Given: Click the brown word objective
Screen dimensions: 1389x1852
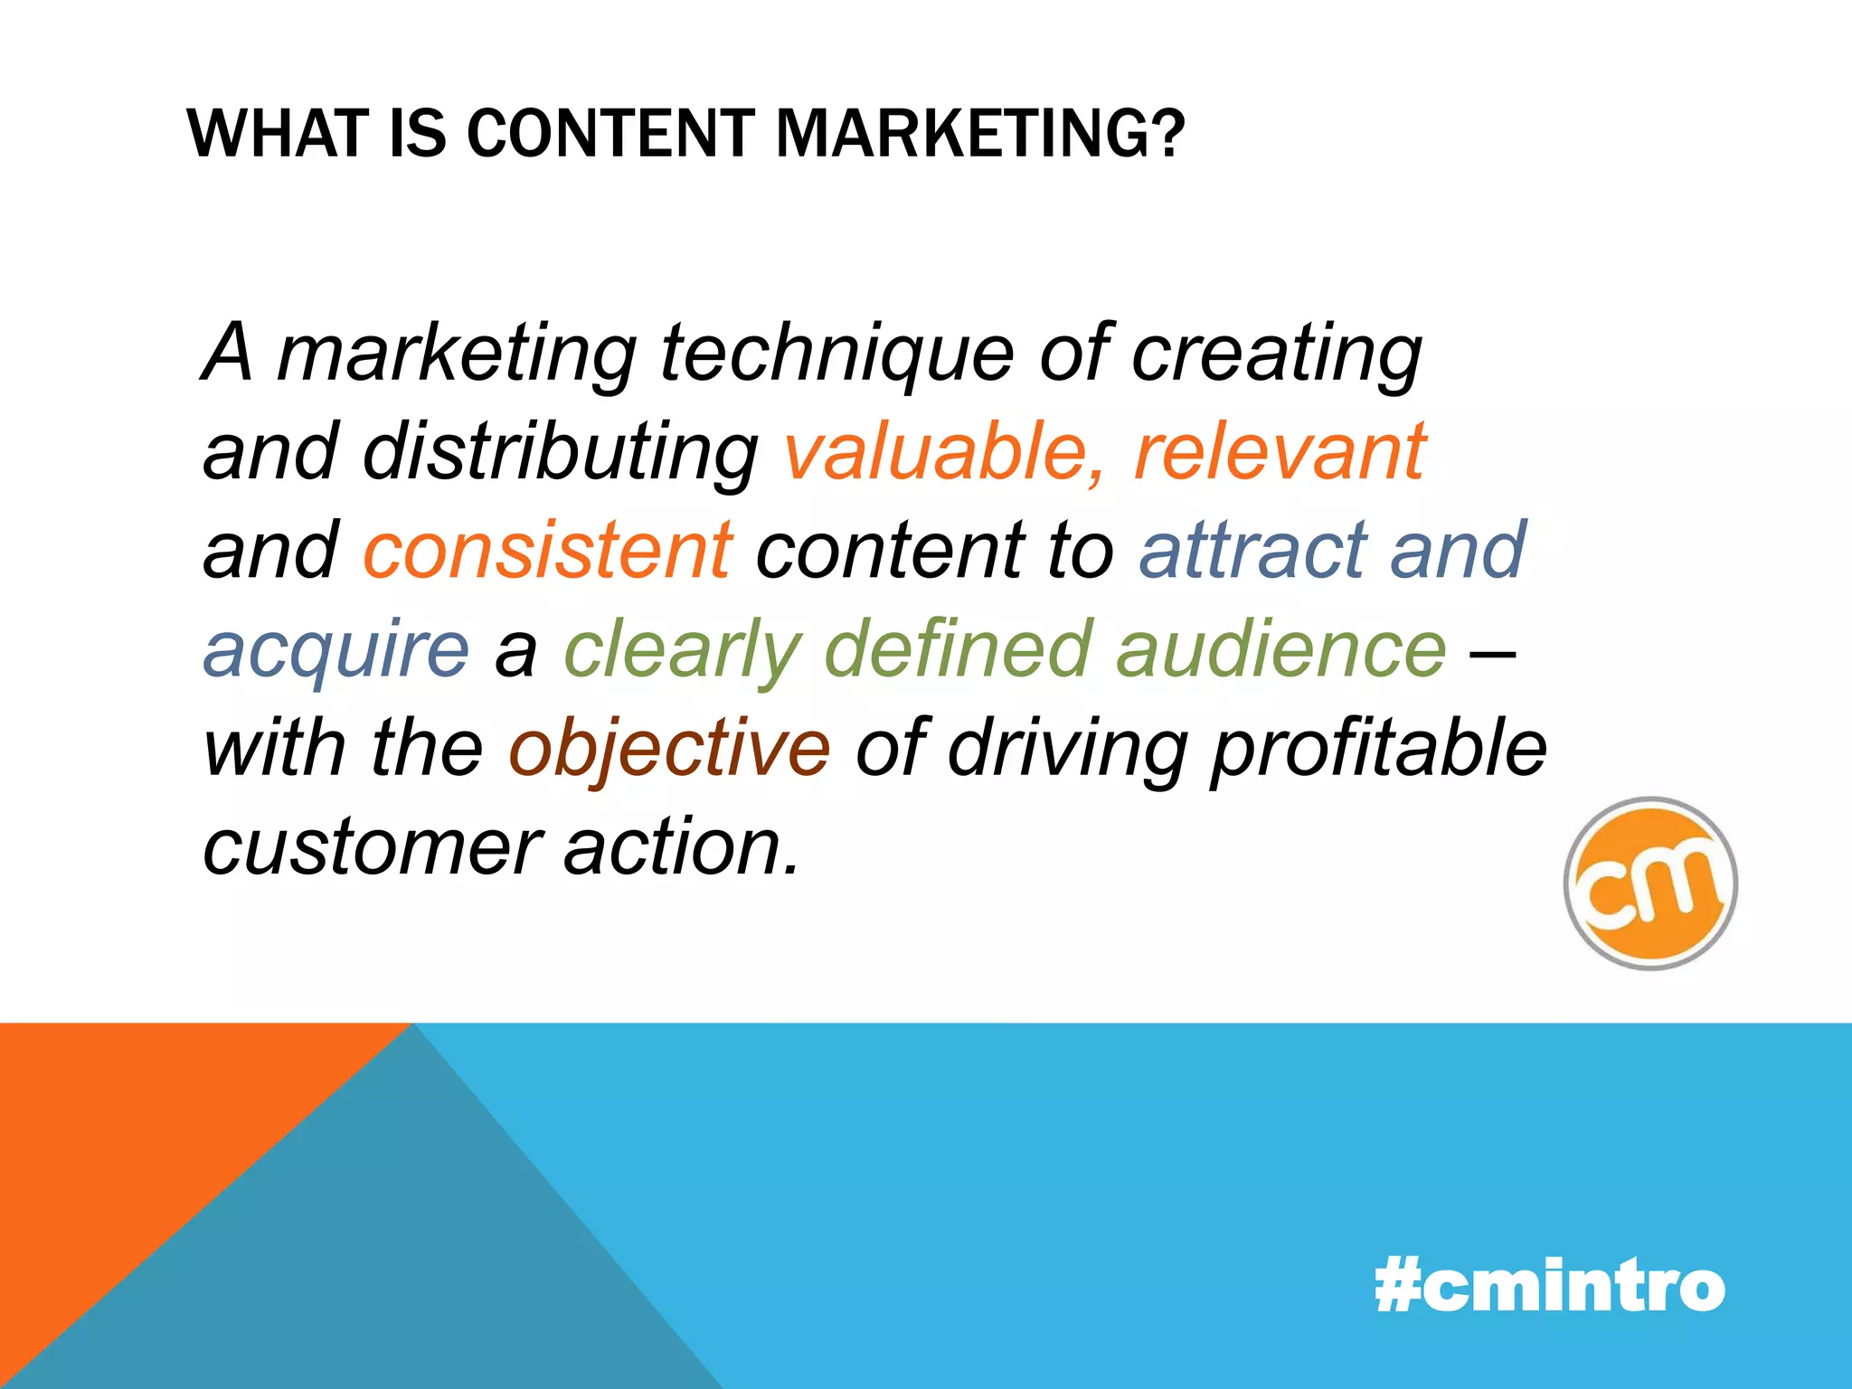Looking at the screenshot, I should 669,749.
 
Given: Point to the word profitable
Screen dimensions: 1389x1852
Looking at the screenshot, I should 1379,749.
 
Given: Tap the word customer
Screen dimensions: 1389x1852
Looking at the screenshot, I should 372,848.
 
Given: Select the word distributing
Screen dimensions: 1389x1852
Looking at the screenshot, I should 561,452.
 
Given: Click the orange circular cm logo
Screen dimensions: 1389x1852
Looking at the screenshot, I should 1650,883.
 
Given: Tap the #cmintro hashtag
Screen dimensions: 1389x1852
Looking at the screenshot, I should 1549,1286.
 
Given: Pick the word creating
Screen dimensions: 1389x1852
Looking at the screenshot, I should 1276,354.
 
